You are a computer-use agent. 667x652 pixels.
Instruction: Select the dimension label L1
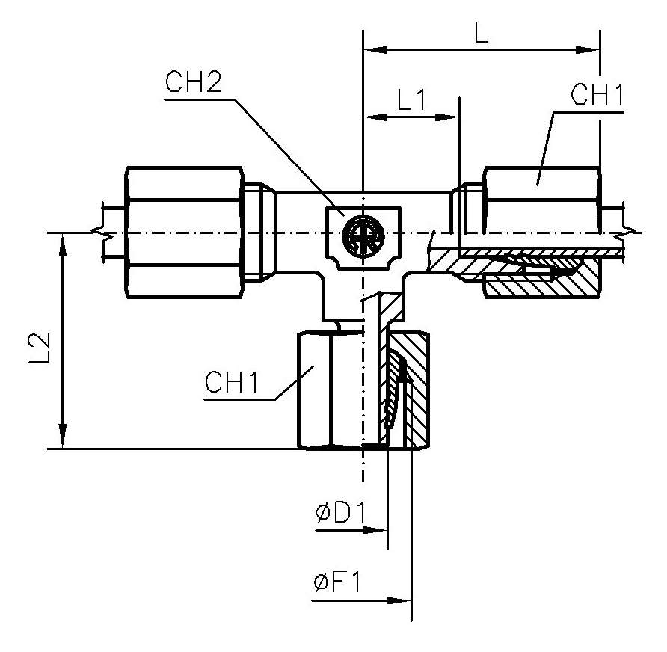[x=411, y=101]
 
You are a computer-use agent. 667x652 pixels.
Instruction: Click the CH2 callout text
[x=193, y=83]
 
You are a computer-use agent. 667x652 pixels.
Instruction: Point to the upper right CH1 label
[x=596, y=96]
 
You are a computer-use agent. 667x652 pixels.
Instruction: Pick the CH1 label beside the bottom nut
[x=231, y=384]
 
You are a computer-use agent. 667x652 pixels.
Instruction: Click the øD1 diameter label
[x=339, y=514]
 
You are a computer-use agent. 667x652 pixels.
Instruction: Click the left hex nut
[x=185, y=233]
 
